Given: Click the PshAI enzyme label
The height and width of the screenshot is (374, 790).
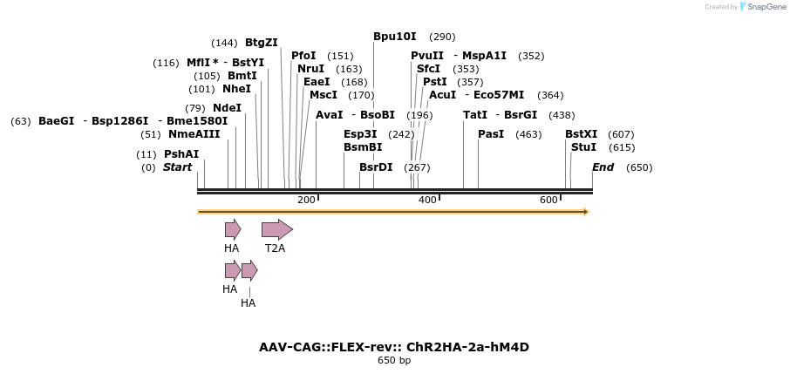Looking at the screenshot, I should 181,154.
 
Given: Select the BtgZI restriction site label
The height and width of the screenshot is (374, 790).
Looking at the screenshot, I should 261,43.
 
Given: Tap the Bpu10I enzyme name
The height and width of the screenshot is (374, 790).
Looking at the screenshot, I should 394,37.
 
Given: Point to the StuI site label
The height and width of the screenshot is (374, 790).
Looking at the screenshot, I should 583,147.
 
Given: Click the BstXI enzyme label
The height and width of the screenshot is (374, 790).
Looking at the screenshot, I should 581,134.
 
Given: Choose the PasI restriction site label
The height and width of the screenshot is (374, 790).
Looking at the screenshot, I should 491,134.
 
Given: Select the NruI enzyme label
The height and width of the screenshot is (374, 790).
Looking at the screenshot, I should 310,69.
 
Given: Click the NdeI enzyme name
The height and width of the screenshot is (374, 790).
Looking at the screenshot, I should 227,108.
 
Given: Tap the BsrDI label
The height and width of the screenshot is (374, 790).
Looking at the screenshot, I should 376,167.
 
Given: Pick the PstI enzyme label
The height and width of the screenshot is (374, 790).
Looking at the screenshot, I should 434,82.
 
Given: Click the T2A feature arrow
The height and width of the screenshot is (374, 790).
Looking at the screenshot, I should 277,229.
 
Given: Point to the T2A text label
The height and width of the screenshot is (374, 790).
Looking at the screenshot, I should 275,248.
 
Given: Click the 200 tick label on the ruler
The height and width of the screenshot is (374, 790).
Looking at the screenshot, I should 306,201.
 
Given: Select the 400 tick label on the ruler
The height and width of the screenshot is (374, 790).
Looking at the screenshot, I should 427,201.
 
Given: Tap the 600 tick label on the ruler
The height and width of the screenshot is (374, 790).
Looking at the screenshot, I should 548,201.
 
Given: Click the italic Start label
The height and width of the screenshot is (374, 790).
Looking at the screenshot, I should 177,167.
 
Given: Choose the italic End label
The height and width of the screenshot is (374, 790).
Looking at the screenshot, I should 603,167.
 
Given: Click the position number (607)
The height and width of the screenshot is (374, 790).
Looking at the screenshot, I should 621,134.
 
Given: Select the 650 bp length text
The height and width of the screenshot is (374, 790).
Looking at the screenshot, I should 394,360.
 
